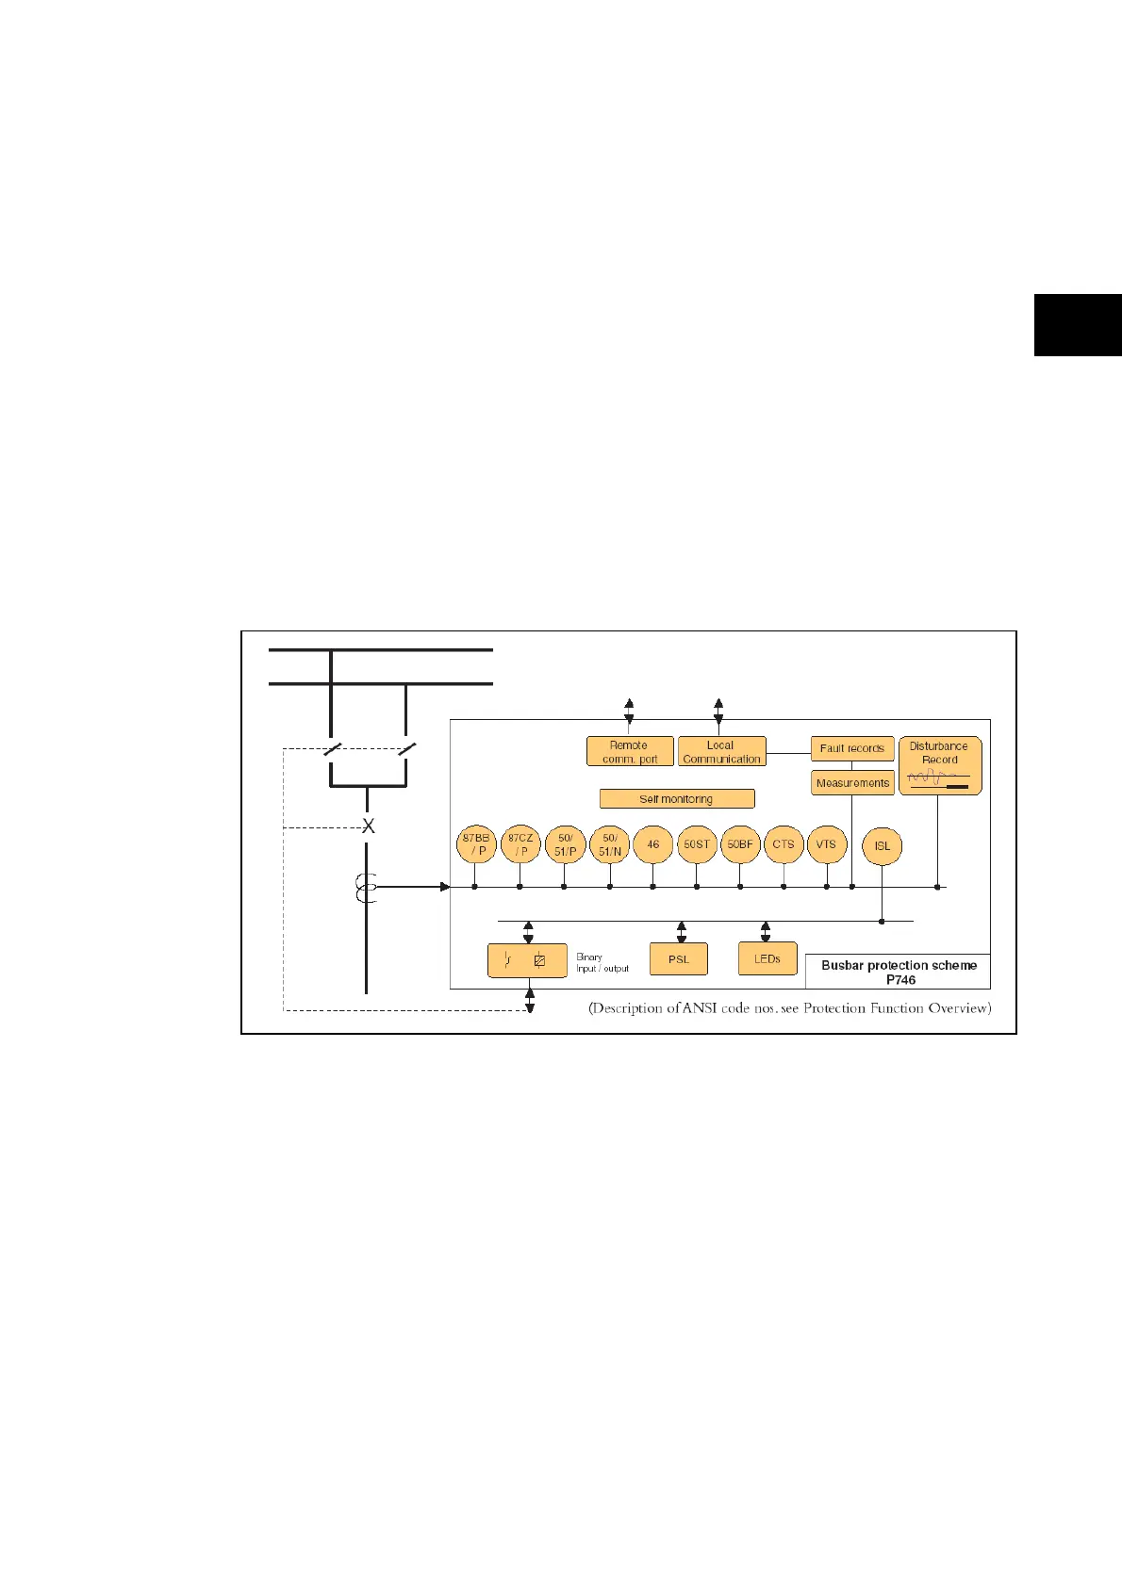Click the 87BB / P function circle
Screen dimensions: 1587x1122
(x=476, y=844)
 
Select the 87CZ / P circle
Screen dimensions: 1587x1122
(x=520, y=844)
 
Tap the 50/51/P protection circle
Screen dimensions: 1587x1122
(x=565, y=844)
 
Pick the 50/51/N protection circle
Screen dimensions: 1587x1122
(x=609, y=844)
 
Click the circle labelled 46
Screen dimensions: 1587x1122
(x=652, y=844)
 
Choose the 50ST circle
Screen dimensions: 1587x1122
(x=697, y=844)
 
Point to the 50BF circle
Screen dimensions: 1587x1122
(x=740, y=844)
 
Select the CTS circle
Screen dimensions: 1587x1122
(x=784, y=844)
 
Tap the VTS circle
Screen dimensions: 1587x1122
(x=826, y=844)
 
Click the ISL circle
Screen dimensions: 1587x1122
(x=882, y=846)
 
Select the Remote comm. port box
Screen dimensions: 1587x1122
(x=630, y=752)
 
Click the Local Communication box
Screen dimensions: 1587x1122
(x=721, y=752)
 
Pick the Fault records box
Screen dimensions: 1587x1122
(x=852, y=748)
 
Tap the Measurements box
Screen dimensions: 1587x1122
(x=852, y=783)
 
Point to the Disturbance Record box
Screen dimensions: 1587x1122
(x=940, y=765)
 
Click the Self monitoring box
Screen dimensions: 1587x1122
(x=677, y=799)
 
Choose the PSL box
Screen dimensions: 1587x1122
(x=679, y=959)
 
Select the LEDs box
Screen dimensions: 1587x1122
(x=767, y=958)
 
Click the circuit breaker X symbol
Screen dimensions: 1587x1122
(x=369, y=826)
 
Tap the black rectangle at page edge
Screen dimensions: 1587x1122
(x=1078, y=325)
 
